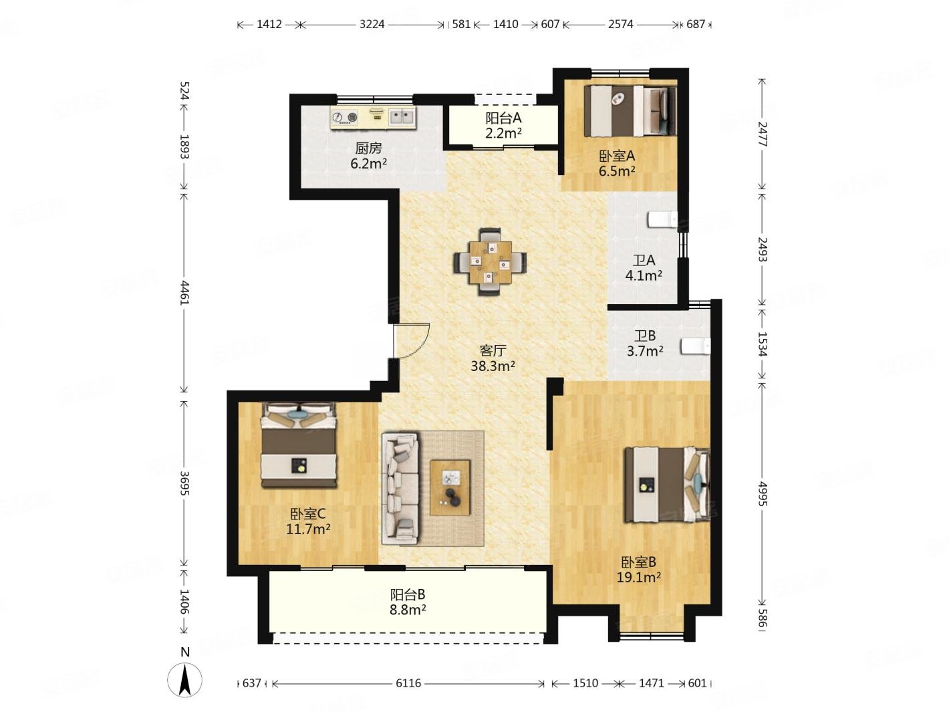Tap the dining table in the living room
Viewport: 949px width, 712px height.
point(490,262)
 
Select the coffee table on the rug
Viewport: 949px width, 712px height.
point(450,487)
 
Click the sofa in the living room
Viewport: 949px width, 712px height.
point(400,488)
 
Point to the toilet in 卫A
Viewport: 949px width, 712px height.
point(662,219)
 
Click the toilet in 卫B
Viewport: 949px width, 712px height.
point(696,346)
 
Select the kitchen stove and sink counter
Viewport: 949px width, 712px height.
point(373,117)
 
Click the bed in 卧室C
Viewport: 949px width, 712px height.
point(298,445)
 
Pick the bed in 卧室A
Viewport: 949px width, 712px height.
point(630,111)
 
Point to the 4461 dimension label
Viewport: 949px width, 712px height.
point(184,293)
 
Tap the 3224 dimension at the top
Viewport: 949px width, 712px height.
point(372,24)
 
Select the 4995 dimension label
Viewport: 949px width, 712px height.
point(762,493)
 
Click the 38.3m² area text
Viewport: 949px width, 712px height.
point(493,366)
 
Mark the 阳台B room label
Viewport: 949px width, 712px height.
point(408,595)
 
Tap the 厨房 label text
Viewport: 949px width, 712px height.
point(368,148)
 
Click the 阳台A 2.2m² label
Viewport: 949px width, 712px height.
point(503,126)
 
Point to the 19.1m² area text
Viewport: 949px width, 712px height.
point(639,577)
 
